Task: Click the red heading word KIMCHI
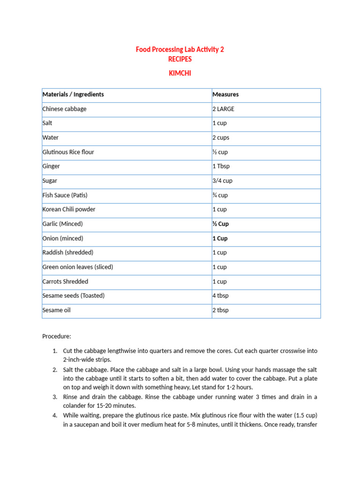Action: coord(180,73)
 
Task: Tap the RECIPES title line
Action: coord(180,60)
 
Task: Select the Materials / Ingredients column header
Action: coord(73,95)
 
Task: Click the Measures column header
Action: coord(225,95)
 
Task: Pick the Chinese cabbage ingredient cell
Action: coord(64,109)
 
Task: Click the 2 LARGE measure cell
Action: coord(224,109)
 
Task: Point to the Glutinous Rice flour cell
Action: coord(68,152)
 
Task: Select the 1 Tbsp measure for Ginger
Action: coord(221,166)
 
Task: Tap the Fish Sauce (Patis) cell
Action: coord(65,195)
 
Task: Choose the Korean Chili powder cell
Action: coord(68,210)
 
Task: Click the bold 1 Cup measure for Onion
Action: coord(220,239)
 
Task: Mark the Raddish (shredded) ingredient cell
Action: coord(67,253)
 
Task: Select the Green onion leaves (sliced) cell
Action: coord(77,267)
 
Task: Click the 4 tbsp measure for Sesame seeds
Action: coord(220,296)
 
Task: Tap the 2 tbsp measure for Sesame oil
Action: coord(220,310)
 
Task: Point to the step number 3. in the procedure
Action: coord(55,397)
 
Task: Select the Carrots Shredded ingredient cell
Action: coord(65,282)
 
